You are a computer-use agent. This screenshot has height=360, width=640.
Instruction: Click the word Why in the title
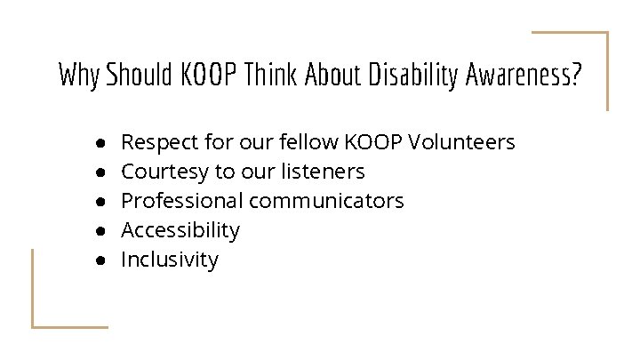coord(79,76)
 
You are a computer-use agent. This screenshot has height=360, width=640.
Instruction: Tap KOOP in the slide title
coord(212,76)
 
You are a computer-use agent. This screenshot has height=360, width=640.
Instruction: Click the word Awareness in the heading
coord(524,76)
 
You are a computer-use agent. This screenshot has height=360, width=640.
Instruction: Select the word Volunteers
coord(461,141)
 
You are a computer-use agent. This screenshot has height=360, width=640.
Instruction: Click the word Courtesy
coord(162,171)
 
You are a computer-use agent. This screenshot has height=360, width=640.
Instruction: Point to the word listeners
coord(320,171)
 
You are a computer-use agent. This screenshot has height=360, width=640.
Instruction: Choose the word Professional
coord(182,201)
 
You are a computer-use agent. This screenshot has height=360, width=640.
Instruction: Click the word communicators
coord(326,201)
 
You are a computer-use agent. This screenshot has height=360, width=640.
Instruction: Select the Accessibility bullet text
coord(180,230)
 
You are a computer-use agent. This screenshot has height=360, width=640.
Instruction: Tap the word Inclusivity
coord(169,260)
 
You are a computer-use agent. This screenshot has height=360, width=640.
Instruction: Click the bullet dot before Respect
coord(102,143)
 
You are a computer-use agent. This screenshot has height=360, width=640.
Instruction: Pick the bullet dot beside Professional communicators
coord(102,202)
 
